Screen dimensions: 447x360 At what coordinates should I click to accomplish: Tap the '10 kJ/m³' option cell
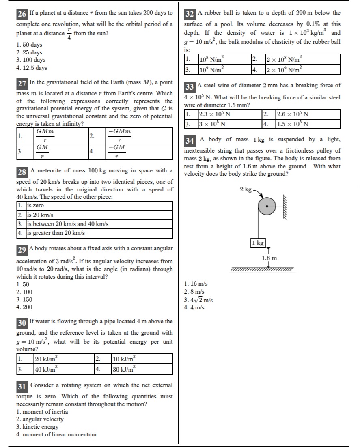tap(124, 359)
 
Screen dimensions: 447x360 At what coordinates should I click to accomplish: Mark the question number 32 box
tap(190, 14)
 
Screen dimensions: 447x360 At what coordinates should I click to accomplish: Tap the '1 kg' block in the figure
tap(258, 243)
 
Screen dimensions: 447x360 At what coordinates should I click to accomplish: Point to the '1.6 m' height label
tap(269, 258)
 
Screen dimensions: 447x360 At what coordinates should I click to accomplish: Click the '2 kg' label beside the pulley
tap(246, 189)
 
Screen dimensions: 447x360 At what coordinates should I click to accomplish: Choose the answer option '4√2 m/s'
tap(198, 300)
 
